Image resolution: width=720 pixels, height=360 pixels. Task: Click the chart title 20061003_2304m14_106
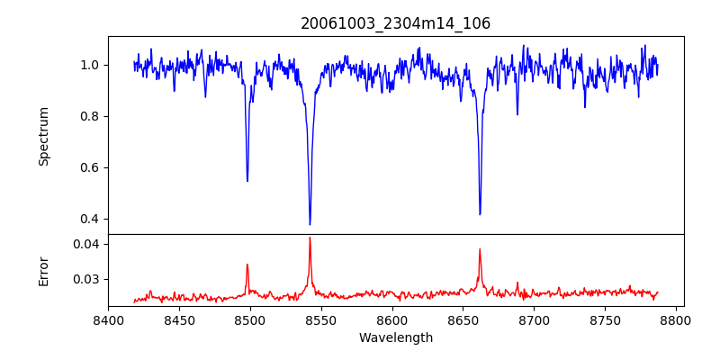[x=395, y=23]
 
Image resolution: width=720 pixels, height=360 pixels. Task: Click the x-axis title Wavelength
[x=395, y=337]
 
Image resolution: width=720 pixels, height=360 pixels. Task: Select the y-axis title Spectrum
[x=44, y=136]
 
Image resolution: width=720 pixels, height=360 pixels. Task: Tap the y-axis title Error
[x=44, y=271]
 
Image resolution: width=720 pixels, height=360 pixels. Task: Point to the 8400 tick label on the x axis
[x=108, y=319]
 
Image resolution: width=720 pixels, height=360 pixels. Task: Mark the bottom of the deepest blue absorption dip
[x=310, y=224]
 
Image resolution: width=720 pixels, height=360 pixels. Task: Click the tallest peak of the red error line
[x=310, y=238]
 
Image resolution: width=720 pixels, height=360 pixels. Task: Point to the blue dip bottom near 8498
[x=247, y=181]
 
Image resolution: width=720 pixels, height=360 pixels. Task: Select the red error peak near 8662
[x=480, y=249]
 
